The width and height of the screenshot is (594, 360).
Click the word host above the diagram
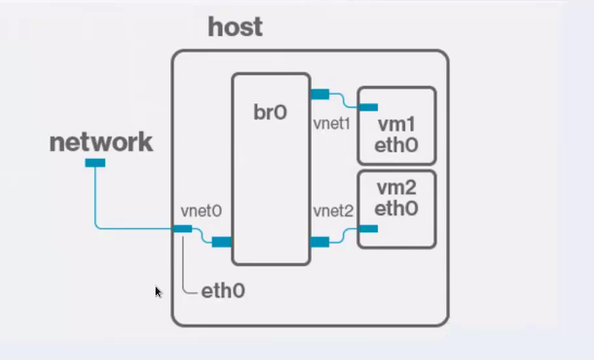pos(235,27)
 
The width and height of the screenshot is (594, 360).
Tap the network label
pos(101,142)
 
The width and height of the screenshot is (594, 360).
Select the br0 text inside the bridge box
pos(270,113)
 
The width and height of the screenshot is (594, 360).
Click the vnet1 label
pos(332,123)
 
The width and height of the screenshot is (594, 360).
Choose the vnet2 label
pos(333,211)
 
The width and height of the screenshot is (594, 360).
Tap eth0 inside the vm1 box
pos(396,145)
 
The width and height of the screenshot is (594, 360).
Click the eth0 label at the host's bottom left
pos(223,291)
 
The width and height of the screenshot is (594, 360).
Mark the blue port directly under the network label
pos(95,163)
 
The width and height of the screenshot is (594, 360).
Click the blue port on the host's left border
pos(182,229)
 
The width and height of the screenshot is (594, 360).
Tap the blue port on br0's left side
pos(222,242)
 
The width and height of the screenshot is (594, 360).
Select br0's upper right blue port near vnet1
pos(320,94)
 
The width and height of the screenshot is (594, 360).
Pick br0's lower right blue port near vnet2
pos(320,242)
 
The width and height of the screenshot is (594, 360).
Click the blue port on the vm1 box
pos(368,107)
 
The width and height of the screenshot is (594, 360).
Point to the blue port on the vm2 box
pos(368,229)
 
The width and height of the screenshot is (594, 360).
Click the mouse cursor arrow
pos(158,291)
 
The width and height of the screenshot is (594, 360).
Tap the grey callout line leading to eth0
pos(183,264)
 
